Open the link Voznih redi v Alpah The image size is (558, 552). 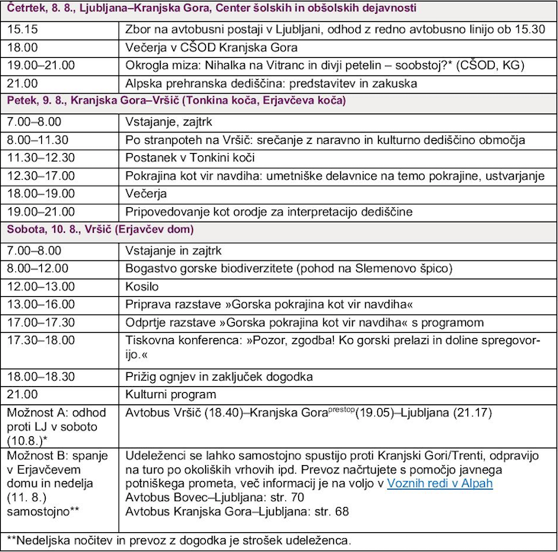pyautogui.click(x=440, y=483)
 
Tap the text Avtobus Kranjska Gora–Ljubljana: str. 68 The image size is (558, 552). pyautogui.click(x=242, y=511)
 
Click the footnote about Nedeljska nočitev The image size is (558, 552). pyautogui.click(x=180, y=540)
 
